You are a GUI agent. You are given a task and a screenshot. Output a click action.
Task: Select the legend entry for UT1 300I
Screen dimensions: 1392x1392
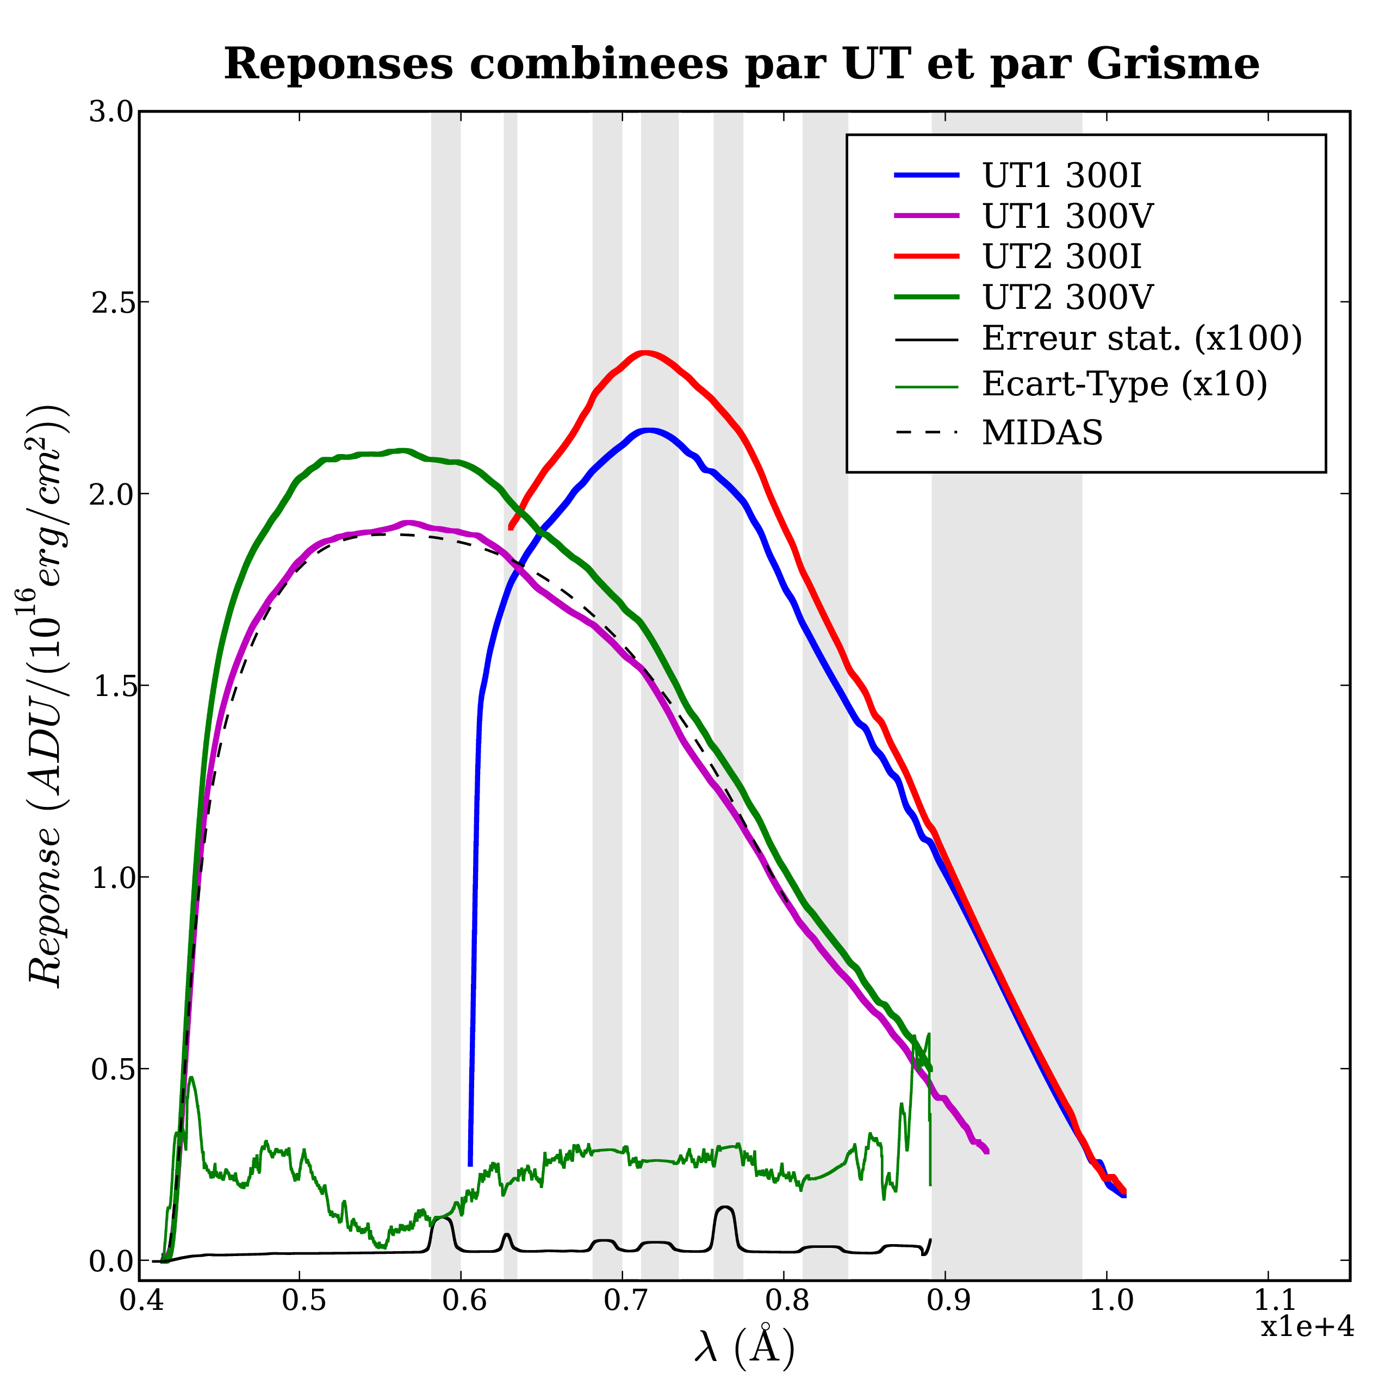coord(1062,175)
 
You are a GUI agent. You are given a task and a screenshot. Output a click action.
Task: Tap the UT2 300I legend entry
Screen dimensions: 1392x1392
coord(1062,257)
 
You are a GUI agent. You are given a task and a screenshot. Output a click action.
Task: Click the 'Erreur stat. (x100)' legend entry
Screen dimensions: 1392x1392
coord(1142,339)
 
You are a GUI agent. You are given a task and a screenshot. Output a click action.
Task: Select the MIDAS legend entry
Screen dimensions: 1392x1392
coord(1042,433)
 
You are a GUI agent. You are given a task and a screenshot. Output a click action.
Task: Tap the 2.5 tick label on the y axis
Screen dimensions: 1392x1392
coord(111,303)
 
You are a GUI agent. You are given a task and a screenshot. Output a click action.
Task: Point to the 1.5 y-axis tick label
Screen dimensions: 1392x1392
coord(111,686)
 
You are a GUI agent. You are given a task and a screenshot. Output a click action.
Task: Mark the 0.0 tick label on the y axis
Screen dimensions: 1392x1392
coord(111,1261)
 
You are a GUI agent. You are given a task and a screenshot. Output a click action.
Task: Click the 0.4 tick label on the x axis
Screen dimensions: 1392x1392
coord(139,1301)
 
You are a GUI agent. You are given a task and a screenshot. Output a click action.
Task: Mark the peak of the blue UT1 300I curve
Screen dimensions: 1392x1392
coord(650,431)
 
